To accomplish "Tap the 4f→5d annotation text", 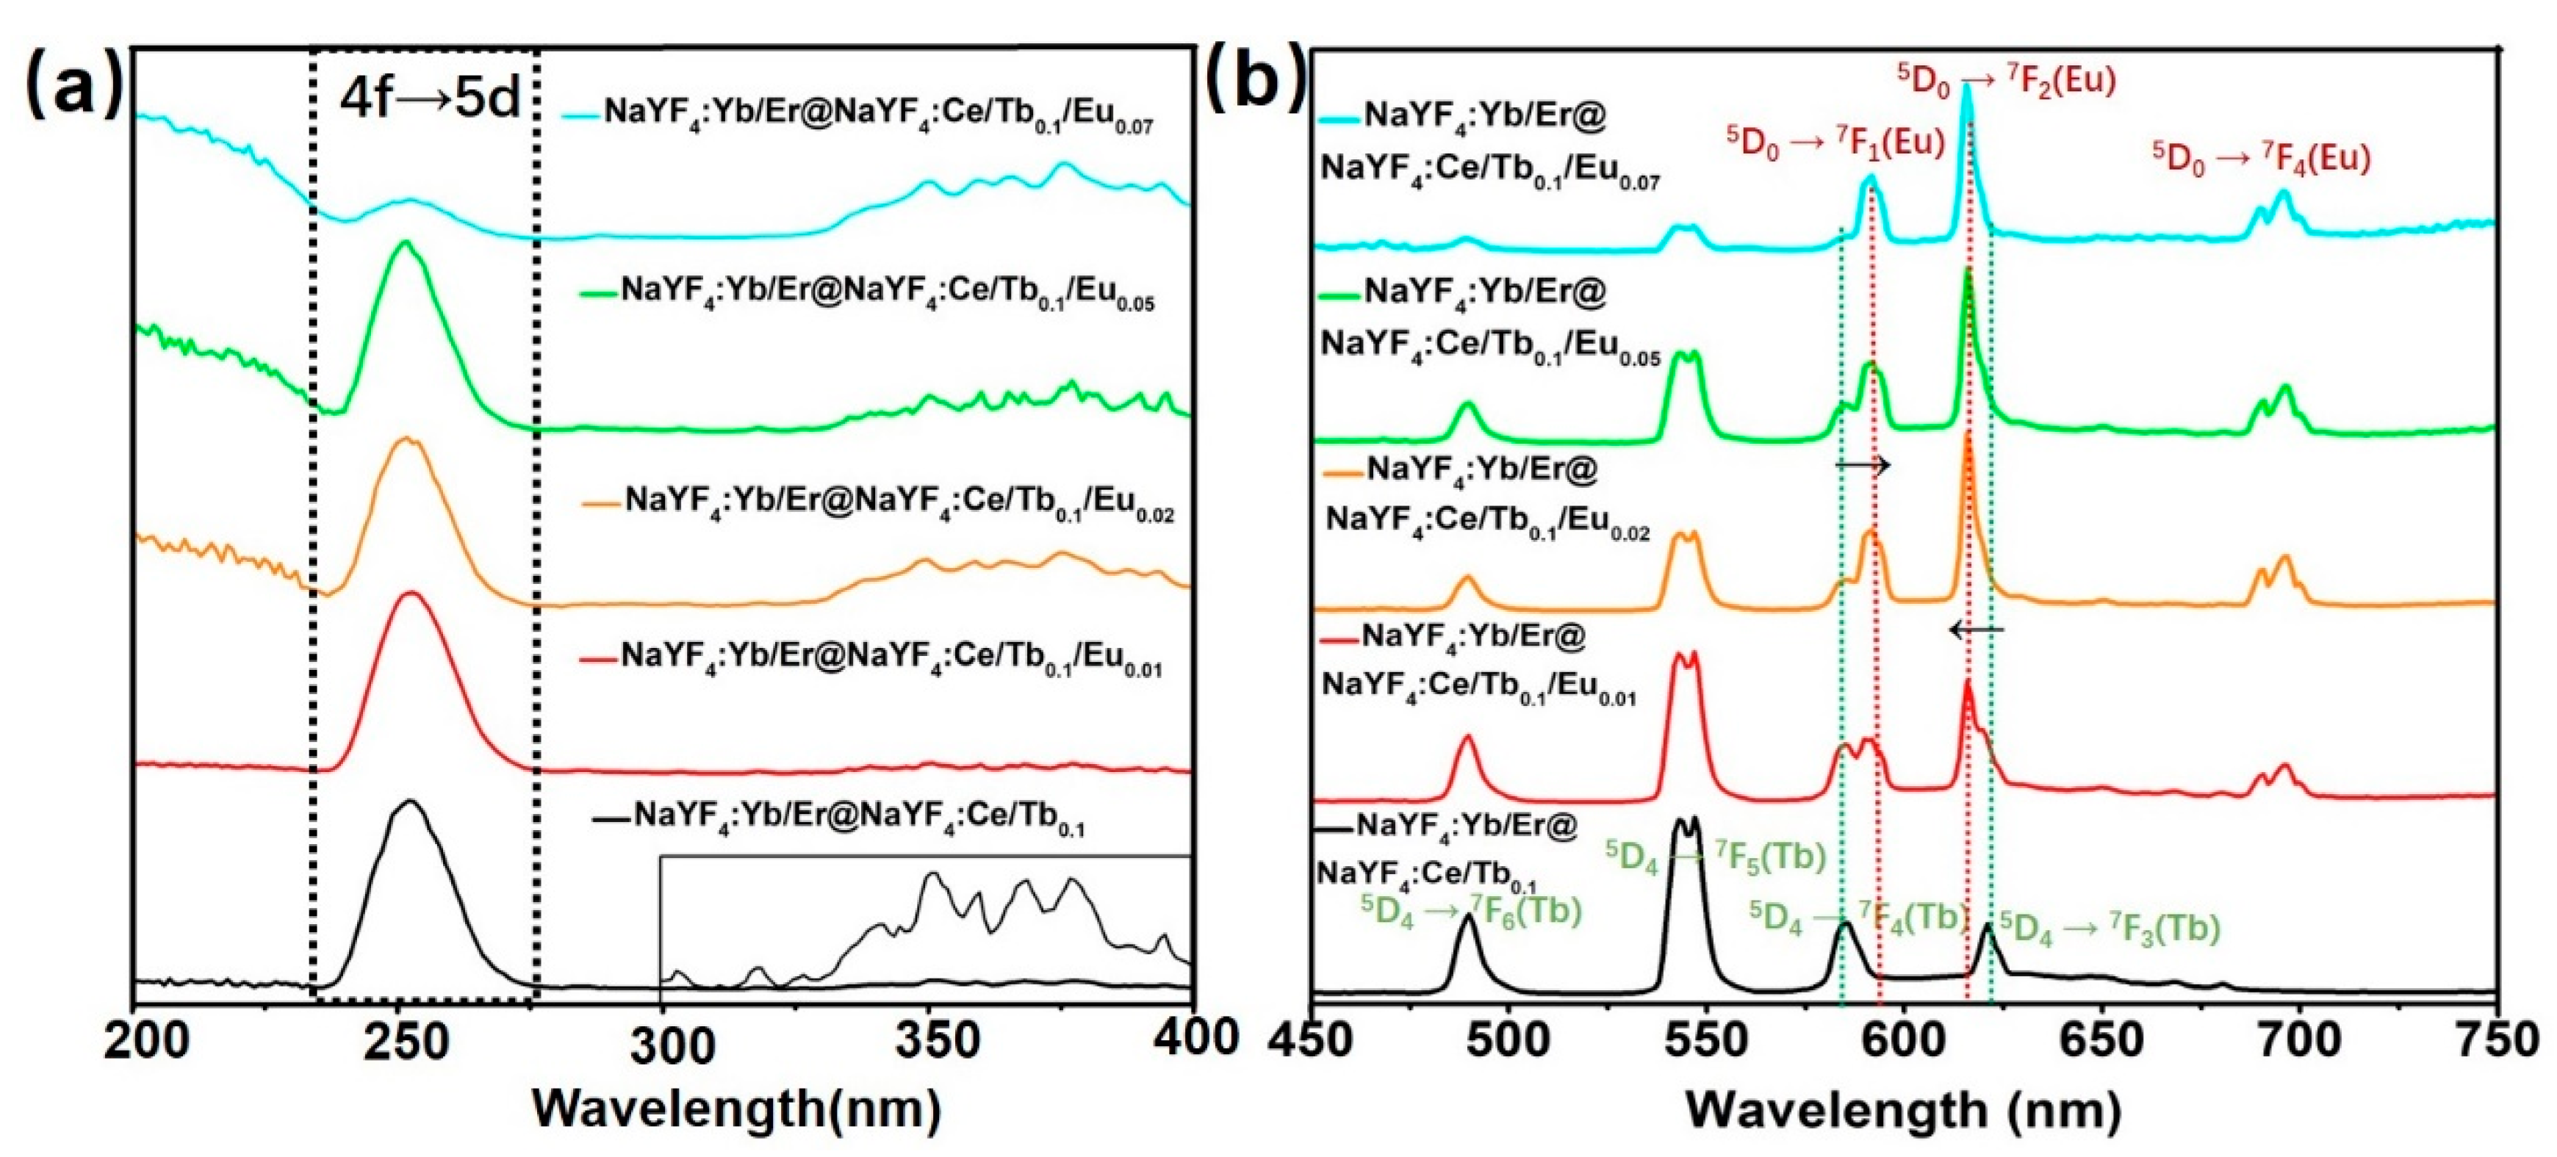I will coord(429,99).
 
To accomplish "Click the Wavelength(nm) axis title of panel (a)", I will coord(736,1109).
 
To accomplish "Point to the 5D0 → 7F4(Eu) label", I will coord(2261,159).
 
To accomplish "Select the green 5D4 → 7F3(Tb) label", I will coord(2110,929).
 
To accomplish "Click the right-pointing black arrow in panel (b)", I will coord(1862,466).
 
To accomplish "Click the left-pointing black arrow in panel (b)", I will coord(1975,629).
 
